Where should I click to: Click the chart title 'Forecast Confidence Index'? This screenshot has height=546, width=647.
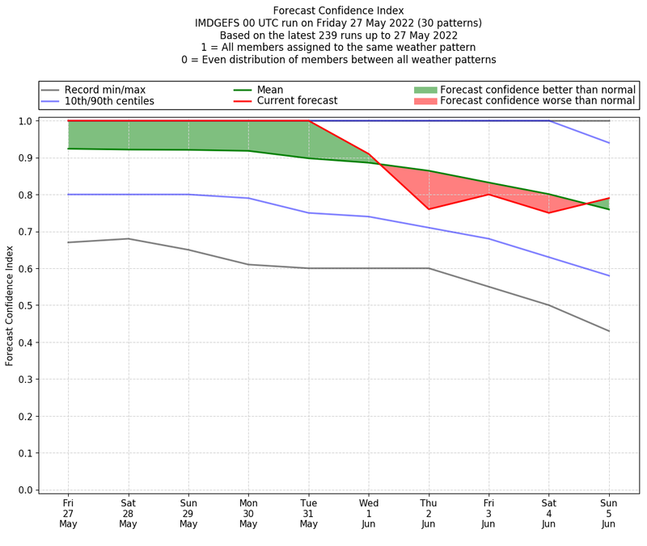click(x=339, y=10)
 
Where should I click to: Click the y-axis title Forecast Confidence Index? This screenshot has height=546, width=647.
click(x=10, y=305)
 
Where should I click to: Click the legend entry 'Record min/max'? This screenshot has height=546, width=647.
click(x=104, y=90)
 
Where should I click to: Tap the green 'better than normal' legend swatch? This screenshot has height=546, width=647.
click(x=425, y=90)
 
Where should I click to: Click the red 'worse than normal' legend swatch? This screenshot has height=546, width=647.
click(x=425, y=101)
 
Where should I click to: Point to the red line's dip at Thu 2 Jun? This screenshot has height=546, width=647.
click(x=429, y=209)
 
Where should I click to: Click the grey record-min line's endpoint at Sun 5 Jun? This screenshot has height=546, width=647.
click(x=609, y=331)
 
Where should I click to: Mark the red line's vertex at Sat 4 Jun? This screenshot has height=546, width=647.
click(x=549, y=213)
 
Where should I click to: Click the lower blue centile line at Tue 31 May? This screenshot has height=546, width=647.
click(x=309, y=213)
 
